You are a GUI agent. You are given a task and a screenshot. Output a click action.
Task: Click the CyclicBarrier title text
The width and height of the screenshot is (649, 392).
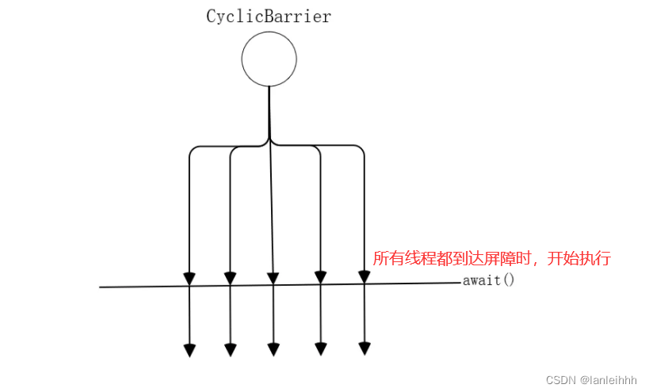coord(269,17)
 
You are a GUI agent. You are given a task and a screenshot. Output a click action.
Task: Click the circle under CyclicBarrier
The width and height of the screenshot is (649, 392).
coord(269,59)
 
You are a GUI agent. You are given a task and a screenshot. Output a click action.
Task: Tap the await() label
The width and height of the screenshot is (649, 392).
coord(488,280)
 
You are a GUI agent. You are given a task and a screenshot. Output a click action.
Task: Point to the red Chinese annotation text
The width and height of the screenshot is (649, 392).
coord(491,259)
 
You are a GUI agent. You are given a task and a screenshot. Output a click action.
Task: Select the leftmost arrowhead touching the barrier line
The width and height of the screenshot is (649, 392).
coord(189,278)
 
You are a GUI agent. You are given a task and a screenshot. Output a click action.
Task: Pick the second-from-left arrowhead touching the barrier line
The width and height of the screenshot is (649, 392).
coord(230,278)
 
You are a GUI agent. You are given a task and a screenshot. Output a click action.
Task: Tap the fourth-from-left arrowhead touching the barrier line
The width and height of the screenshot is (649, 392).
coord(320,277)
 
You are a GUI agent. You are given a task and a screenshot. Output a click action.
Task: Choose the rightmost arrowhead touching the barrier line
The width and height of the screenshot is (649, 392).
coord(365,276)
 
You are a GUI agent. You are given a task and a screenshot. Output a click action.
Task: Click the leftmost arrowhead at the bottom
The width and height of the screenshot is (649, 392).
coord(190,350)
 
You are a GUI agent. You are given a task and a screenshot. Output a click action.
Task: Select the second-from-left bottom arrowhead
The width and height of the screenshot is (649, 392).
coord(231,349)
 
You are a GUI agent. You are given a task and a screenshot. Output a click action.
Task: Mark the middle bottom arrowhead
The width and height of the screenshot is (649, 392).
coord(273,349)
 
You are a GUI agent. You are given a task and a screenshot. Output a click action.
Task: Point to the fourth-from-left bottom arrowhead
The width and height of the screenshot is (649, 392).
coord(321,348)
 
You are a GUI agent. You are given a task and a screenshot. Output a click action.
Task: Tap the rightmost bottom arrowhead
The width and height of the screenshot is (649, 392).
coord(365,348)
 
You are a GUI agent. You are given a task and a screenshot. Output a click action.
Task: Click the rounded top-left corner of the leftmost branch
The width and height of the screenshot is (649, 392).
coord(193,149)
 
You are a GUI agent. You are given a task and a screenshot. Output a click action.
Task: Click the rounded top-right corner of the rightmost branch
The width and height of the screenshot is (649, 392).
coord(361,149)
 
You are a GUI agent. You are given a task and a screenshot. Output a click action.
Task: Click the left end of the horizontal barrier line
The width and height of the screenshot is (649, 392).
coord(101,287)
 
